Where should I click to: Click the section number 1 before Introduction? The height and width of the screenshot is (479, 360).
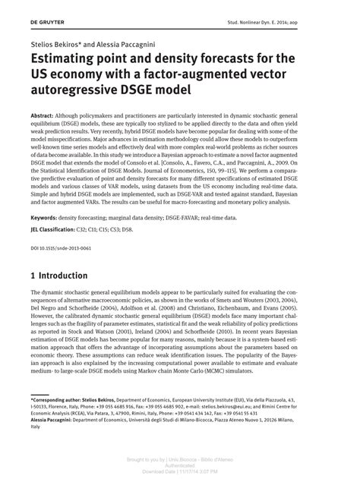tap(33, 275)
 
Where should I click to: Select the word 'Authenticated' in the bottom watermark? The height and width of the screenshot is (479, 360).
tap(180, 466)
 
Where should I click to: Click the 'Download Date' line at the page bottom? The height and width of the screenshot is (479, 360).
tap(180, 471)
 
